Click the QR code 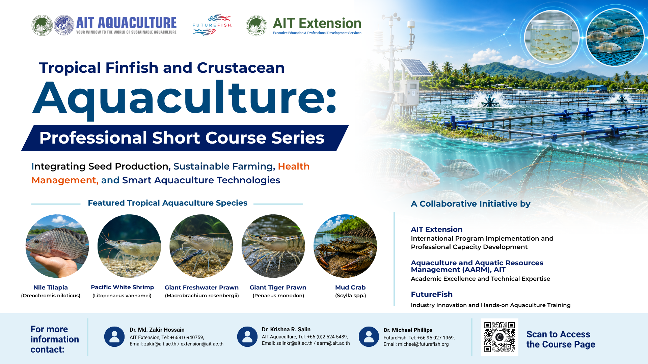tap(500, 337)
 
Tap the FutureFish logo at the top tap(212, 25)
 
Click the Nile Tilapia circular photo tap(57, 246)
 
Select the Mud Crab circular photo tap(345, 246)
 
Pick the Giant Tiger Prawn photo tap(273, 246)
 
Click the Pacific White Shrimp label tap(122, 287)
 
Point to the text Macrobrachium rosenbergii tap(202, 296)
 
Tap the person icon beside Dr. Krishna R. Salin tap(247, 337)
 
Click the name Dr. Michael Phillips tap(408, 330)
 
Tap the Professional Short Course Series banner tap(185, 138)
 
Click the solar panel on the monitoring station tap(416, 67)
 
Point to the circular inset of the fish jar tap(551, 37)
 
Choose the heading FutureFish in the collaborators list tap(432, 294)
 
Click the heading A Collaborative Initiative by tap(470, 204)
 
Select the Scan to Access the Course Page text tap(561, 339)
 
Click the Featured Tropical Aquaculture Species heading tap(167, 203)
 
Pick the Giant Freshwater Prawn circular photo tap(201, 246)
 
